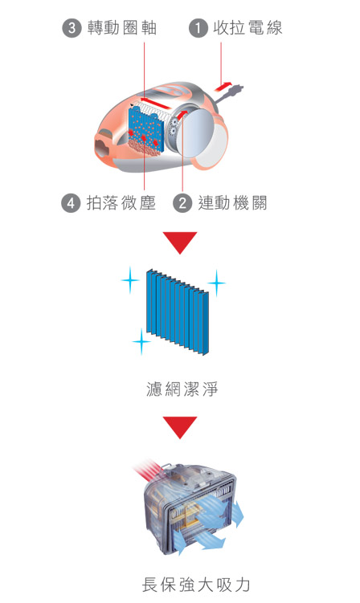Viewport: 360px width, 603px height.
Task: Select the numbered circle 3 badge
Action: [72, 29]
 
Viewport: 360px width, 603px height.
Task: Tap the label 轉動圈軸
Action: [122, 29]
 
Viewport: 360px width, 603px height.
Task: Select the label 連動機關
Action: [232, 203]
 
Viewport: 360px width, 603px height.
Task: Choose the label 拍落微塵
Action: [121, 203]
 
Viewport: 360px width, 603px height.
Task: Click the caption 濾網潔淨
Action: [180, 390]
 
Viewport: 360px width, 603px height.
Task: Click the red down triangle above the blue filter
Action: [180, 242]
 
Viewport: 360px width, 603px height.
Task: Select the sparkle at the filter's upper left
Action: [129, 280]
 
